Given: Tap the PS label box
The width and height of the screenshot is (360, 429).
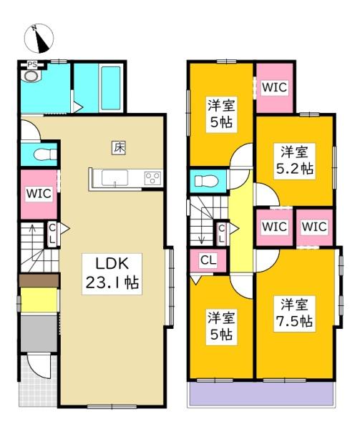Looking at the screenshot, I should point(31,64).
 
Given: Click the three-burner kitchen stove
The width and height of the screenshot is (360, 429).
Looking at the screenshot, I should point(152,179).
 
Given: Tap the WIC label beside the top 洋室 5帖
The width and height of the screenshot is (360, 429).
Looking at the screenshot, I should point(273,87).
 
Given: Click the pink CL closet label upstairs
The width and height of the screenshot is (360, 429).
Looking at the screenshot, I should point(207,260).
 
